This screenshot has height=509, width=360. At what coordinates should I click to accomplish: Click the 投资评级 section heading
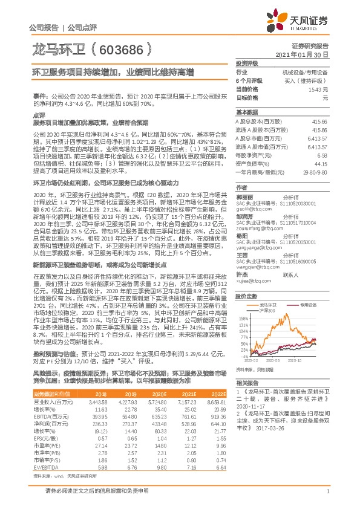[x=247, y=63]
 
